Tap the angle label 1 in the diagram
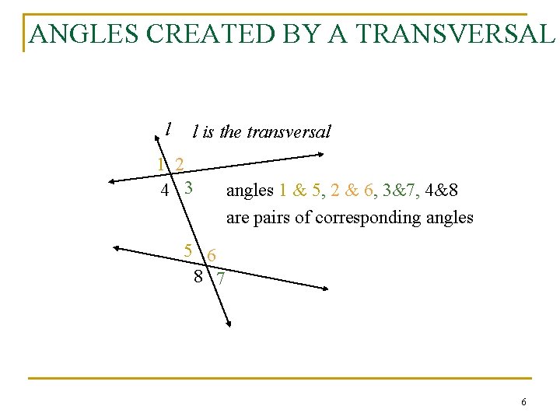[x=161, y=165]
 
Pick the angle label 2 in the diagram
[x=180, y=165]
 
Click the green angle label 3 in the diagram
[x=188, y=188]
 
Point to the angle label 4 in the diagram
[x=164, y=190]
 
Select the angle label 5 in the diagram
[x=188, y=250]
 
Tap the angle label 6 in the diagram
[x=212, y=254]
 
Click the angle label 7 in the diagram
[x=222, y=278]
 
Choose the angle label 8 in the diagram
[x=199, y=275]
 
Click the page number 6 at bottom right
[x=523, y=402]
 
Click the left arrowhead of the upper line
[x=112, y=181]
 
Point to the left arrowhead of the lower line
[x=117, y=248]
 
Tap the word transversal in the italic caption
[x=288, y=131]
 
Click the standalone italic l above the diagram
[x=168, y=128]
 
